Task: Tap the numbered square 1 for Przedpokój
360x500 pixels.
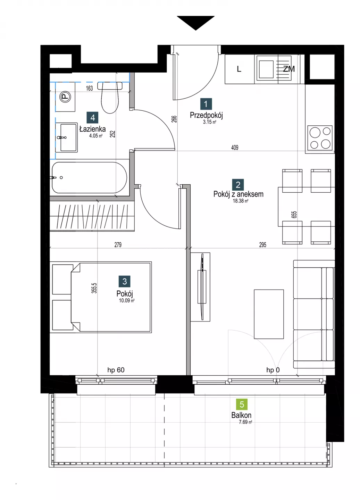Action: (206, 104)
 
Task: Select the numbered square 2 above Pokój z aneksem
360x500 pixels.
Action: (238, 185)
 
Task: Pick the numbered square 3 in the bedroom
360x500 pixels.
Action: (125, 281)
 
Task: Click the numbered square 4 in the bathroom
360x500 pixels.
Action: (93, 117)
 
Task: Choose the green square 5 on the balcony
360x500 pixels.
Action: (242, 404)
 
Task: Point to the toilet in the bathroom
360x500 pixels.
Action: (110, 97)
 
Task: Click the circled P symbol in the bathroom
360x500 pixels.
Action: (65, 97)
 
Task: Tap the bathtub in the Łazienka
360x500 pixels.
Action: (89, 178)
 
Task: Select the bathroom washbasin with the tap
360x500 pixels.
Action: (66, 137)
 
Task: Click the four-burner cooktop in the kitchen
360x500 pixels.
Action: (320, 138)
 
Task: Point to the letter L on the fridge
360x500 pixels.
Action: (239, 69)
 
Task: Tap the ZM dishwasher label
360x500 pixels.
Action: (289, 69)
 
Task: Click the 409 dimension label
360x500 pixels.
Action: (235, 148)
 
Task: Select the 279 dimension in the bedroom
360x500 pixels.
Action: (118, 245)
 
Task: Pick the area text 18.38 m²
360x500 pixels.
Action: (241, 201)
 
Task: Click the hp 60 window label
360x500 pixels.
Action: (116, 370)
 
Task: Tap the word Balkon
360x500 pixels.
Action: (241, 415)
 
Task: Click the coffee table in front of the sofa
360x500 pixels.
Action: (269, 314)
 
